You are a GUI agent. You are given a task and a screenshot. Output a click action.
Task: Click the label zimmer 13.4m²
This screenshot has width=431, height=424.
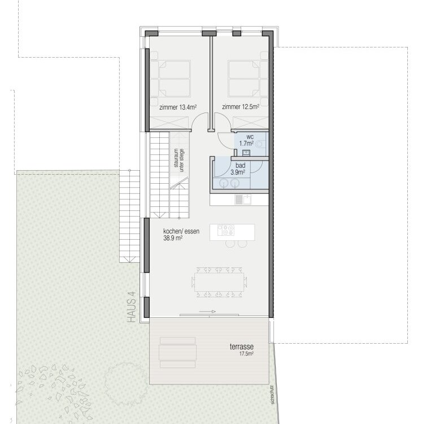178,107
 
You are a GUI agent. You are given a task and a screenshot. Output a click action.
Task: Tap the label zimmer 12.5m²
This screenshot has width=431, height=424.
241,107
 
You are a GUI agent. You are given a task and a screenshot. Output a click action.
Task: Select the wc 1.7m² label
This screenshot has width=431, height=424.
246,140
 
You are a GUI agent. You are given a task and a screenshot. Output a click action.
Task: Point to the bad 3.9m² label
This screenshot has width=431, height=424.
238,169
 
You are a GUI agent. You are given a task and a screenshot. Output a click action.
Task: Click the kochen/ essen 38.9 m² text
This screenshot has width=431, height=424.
181,235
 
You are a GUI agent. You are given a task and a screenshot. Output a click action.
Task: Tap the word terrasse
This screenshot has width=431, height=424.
242,347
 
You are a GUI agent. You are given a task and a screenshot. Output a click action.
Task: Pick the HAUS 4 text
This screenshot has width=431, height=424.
132,307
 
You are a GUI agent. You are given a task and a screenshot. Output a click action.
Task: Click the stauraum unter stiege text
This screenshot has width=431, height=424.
179,161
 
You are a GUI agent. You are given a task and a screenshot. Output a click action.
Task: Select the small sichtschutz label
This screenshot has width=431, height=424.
272,394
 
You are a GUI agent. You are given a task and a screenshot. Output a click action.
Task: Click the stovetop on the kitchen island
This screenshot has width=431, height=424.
226,230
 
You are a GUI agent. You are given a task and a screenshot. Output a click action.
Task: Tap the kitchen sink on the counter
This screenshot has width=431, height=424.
243,200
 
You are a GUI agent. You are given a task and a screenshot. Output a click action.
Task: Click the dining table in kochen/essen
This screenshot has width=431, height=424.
219,282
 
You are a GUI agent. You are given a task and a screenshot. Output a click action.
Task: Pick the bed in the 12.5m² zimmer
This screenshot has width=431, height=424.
244,79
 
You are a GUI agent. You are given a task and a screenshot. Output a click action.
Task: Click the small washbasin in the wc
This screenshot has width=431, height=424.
246,153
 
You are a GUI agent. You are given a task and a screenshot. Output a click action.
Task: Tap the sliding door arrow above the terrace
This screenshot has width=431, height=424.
207,311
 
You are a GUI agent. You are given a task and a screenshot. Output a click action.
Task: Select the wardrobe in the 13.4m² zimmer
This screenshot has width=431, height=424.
169,123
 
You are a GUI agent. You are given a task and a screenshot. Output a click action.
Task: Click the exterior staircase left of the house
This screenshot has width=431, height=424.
129,216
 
